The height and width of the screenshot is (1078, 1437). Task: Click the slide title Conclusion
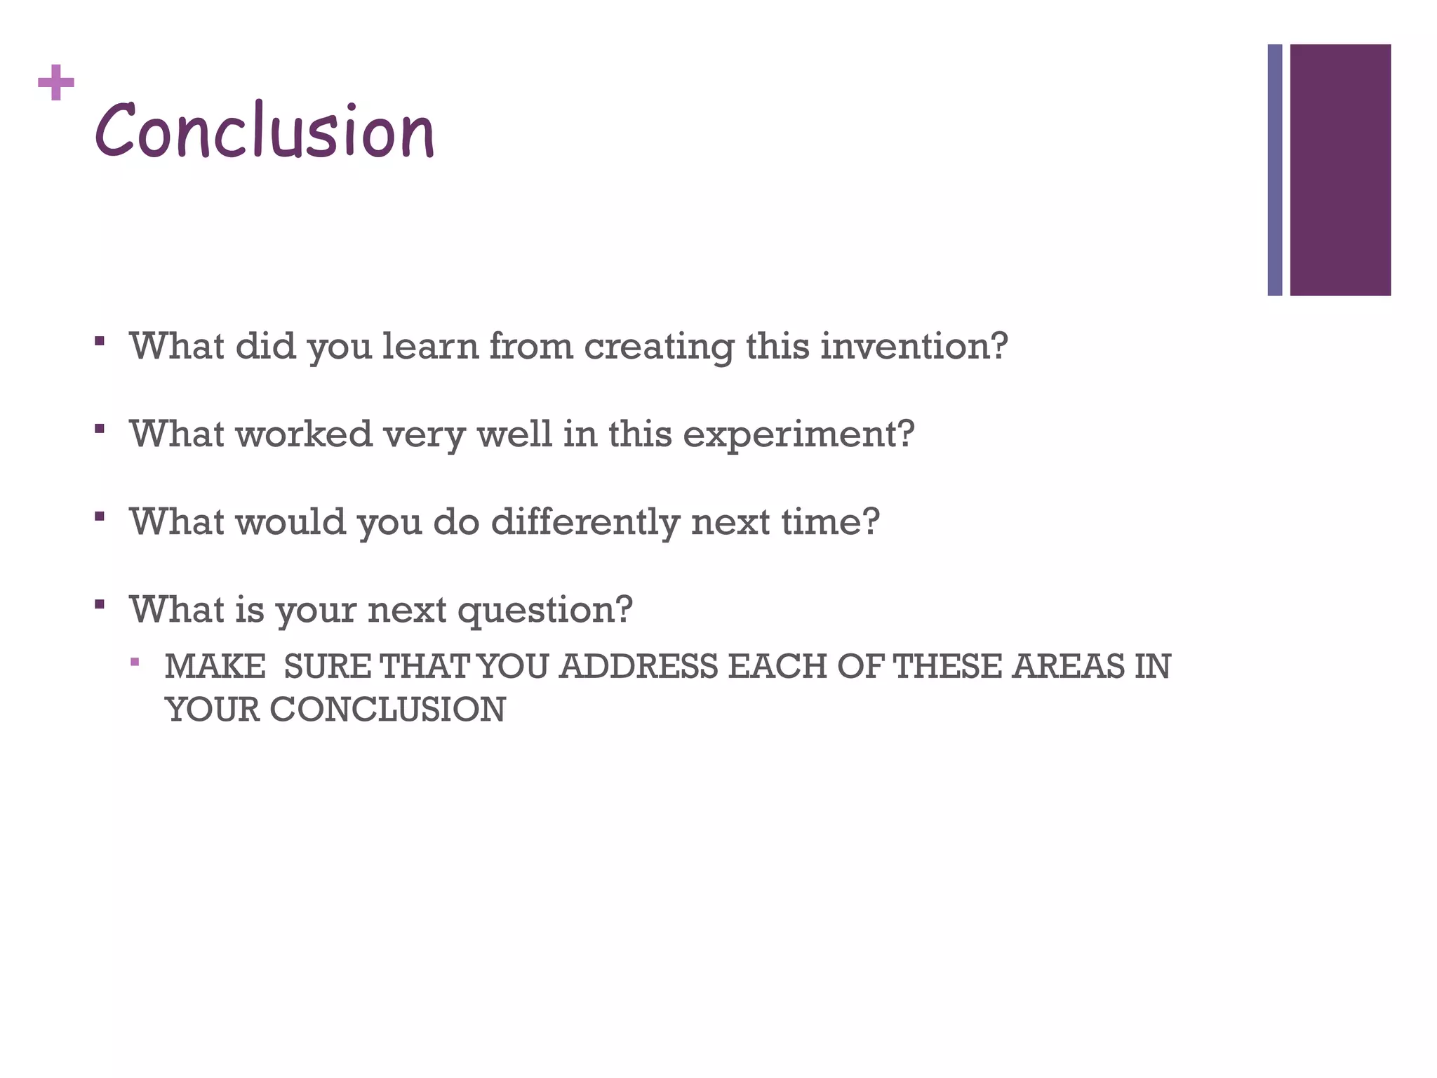click(x=265, y=131)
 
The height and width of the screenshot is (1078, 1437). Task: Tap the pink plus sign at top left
click(x=56, y=83)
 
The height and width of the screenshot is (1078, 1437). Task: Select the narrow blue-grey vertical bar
click(x=1274, y=170)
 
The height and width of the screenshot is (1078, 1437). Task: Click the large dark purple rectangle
click(x=1339, y=170)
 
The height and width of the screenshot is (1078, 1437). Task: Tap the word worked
click(x=303, y=434)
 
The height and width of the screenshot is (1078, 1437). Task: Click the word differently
click(x=584, y=522)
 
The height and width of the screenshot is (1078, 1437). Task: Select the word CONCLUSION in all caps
click(x=387, y=710)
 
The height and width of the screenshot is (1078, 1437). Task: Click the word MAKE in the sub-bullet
click(x=215, y=667)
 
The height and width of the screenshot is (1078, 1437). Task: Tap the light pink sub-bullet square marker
click(x=135, y=661)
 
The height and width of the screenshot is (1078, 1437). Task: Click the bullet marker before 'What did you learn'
click(x=100, y=341)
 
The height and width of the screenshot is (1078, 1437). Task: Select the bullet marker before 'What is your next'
click(x=100, y=604)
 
